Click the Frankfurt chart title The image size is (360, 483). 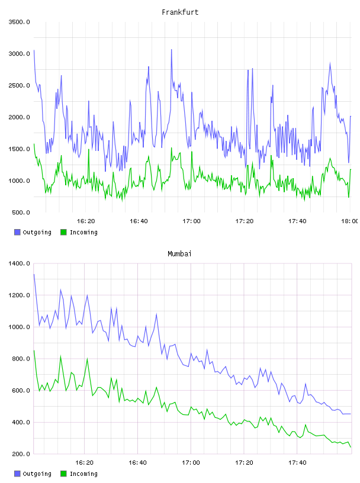(180, 12)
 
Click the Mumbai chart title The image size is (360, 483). (179, 254)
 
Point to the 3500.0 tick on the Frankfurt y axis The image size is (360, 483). (19, 22)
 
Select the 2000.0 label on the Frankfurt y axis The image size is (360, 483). (19, 117)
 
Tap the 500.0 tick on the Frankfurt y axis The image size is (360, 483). (21, 212)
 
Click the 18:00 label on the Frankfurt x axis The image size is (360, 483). (349, 221)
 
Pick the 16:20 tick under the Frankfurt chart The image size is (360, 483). (86, 221)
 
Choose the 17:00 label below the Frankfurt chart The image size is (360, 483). (191, 221)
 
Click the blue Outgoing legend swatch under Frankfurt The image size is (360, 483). (17, 232)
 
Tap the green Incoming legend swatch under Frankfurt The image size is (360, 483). (63, 232)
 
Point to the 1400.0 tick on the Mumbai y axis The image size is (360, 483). (19, 263)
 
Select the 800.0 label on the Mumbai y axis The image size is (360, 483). (21, 359)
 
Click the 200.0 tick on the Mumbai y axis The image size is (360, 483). (21, 454)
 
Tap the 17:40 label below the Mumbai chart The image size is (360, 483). (297, 462)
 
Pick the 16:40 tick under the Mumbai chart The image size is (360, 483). (137, 462)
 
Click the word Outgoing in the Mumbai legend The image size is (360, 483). (37, 474)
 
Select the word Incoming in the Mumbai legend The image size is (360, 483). (83, 474)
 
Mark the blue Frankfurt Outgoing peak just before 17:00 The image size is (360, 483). (171, 50)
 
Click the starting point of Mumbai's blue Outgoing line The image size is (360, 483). (34, 274)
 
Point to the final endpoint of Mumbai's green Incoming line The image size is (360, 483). (351, 447)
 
